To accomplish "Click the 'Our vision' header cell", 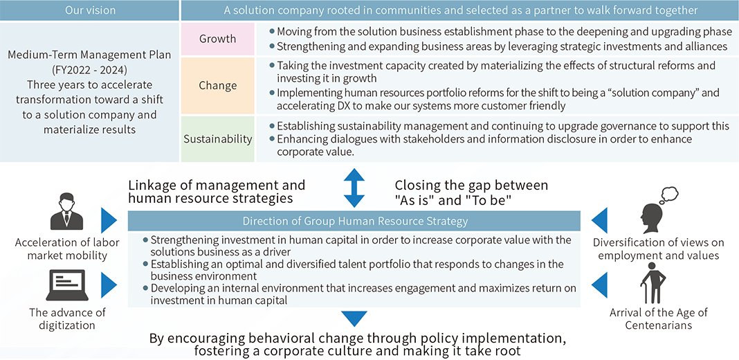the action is point(89,10).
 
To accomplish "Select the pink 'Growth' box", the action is point(218,39).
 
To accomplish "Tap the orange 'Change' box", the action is point(218,86).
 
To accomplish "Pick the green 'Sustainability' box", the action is point(218,138).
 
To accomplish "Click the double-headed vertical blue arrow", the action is point(354,188).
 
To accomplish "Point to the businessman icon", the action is point(66,213).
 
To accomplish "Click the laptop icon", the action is point(66,285).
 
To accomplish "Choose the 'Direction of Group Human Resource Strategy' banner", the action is point(354,221).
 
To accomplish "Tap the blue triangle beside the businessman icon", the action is point(109,220).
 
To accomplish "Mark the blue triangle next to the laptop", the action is point(109,285).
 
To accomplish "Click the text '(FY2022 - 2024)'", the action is point(89,71).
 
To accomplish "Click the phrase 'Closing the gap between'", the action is point(472,185).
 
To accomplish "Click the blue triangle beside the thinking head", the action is point(599,220).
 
